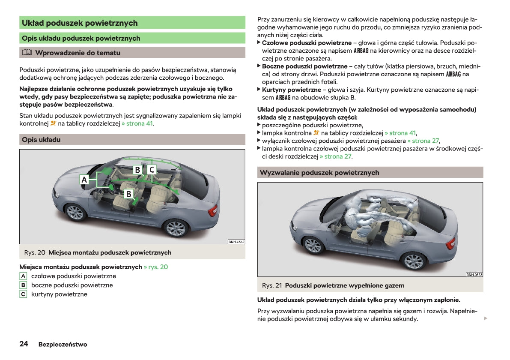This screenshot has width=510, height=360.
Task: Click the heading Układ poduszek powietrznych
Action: coord(80,23)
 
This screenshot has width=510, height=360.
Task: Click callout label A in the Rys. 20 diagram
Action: coord(84,180)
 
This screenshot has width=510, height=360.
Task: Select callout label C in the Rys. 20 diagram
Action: coord(152,170)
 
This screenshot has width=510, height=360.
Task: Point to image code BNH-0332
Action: coord(236,242)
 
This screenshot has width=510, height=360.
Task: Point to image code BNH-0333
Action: coord(474,274)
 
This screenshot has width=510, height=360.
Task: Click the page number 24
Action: coord(24,344)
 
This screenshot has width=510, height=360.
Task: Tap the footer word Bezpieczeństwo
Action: coord(63,345)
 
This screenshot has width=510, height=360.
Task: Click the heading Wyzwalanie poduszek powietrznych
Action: coord(319,172)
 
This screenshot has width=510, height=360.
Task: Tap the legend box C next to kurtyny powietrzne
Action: coord(23,294)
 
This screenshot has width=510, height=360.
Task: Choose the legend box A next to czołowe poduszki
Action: coord(23,276)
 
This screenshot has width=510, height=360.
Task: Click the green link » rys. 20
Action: coord(156,267)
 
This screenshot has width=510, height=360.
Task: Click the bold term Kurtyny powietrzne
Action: coord(291,90)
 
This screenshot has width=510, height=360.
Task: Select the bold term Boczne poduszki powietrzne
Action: coord(304,66)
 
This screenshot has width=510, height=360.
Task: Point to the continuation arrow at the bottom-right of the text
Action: coord(485,318)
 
